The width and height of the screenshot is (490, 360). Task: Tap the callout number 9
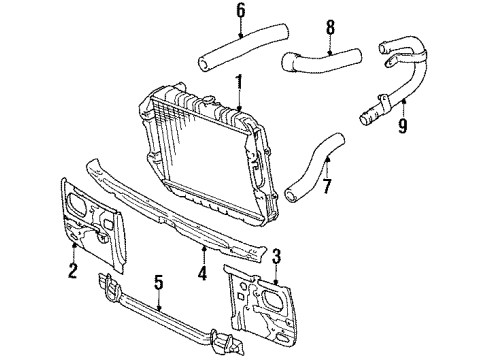tap(403, 127)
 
